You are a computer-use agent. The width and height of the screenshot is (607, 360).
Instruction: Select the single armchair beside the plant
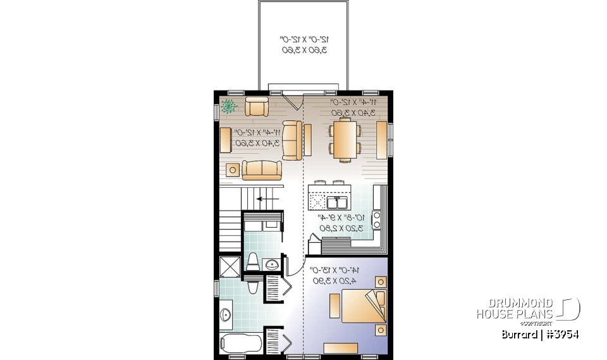(x=257, y=107)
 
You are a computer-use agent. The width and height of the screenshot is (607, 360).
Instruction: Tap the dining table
(x=345, y=140)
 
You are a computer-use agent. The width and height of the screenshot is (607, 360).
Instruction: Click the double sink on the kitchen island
(x=337, y=202)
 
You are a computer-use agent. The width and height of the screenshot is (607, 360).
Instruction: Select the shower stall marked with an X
(x=229, y=266)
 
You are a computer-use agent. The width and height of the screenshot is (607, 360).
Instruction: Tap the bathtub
(x=241, y=345)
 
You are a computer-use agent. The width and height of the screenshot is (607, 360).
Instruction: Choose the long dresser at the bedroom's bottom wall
(x=344, y=347)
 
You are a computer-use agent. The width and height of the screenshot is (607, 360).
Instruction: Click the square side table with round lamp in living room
(x=233, y=169)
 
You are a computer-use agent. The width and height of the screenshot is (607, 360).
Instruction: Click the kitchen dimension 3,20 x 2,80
(x=342, y=228)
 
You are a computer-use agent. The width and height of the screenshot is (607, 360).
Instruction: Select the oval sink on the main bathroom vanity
(x=224, y=314)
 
